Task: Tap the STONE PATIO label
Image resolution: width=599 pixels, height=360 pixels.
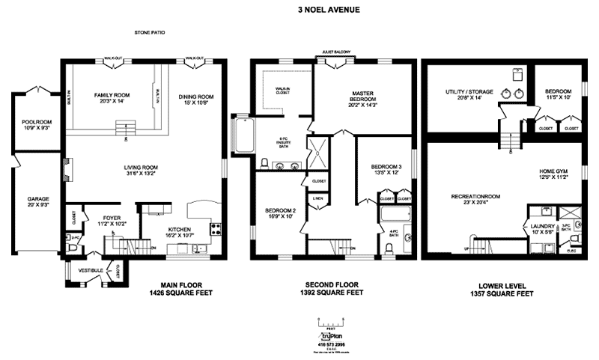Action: (x=150, y=34)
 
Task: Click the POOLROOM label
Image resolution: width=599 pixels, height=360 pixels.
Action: (x=35, y=122)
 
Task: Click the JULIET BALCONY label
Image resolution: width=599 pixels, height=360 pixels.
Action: (x=337, y=52)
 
